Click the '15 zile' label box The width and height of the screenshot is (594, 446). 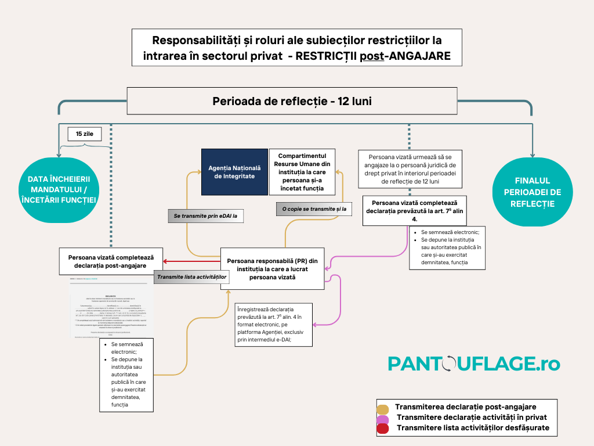pos(85,134)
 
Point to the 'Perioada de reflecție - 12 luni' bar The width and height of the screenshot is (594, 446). pos(292,101)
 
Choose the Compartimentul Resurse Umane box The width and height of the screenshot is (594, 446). pos(302,171)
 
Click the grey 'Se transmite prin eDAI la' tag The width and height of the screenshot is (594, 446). pos(205,216)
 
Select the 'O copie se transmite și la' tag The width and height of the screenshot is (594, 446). pos(314,208)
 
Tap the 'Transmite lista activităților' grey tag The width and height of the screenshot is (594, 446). pos(191,278)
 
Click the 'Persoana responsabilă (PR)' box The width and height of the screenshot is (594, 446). pos(273,268)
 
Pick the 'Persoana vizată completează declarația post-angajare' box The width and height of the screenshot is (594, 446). pos(111,261)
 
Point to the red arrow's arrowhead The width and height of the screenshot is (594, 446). pos(166,261)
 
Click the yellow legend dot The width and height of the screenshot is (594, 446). pos(382,408)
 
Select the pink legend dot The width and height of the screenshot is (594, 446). pos(382,419)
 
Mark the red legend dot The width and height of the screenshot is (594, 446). pos(382,429)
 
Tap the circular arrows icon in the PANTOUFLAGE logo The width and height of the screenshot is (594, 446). pos(449,364)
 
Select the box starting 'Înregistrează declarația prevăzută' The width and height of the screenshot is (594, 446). pos(274,325)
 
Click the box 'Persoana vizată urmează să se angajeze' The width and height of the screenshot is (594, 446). pos(410,169)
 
